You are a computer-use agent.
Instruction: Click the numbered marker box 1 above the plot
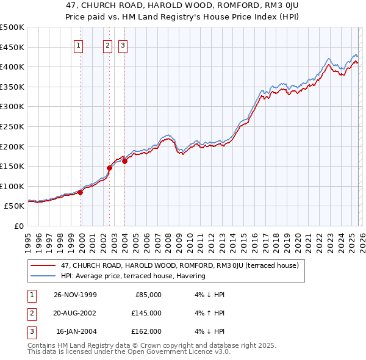(x=79, y=45)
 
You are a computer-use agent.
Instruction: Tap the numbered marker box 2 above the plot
(x=108, y=45)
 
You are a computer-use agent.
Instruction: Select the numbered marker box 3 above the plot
(x=123, y=45)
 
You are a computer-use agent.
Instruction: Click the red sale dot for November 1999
(x=81, y=192)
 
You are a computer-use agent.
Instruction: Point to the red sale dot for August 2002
(x=110, y=168)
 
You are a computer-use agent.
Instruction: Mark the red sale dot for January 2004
(x=124, y=161)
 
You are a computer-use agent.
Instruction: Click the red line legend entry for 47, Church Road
(x=179, y=265)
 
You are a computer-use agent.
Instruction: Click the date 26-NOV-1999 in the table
(x=75, y=295)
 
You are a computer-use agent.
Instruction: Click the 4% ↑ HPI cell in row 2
(x=208, y=313)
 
